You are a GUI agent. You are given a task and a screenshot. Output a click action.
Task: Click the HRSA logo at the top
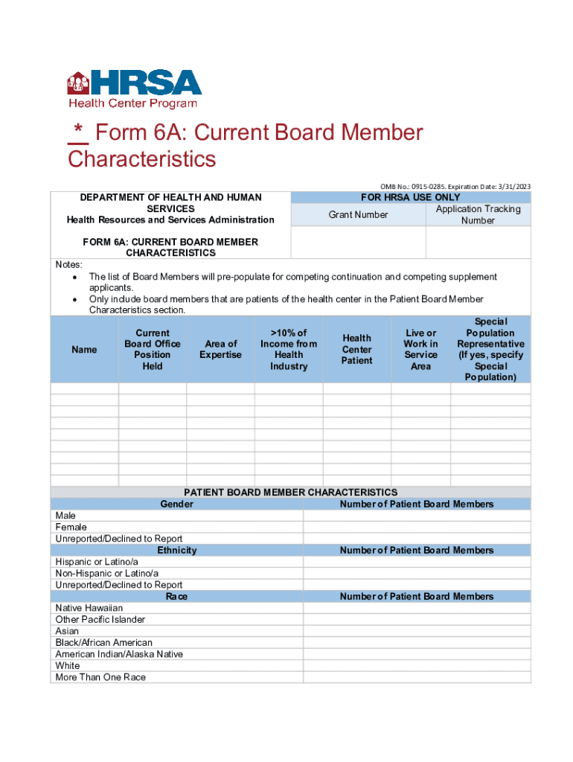tap(134, 89)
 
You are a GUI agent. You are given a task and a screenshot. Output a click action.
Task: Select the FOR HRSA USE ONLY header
tap(410, 197)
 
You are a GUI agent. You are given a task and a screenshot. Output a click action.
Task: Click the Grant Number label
tap(358, 215)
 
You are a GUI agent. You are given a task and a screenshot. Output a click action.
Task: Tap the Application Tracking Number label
tap(478, 215)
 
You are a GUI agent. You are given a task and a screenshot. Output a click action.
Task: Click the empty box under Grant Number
tap(357, 242)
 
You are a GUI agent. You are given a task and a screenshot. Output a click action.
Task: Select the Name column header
tap(84, 350)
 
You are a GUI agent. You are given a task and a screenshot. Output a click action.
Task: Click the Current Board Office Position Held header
tap(153, 350)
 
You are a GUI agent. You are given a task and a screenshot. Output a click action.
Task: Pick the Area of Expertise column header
tap(220, 350)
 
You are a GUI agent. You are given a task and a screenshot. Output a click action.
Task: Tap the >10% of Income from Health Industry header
tap(289, 350)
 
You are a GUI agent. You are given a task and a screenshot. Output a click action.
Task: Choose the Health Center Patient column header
tap(356, 350)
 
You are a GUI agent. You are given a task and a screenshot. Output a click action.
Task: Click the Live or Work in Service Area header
tap(420, 350)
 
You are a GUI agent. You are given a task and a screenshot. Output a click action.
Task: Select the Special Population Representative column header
tap(490, 350)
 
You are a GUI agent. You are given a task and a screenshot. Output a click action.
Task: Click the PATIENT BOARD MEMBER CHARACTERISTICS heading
tap(290, 493)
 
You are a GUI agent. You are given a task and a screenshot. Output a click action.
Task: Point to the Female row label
tap(71, 527)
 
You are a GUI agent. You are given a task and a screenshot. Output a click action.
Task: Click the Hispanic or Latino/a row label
tap(97, 562)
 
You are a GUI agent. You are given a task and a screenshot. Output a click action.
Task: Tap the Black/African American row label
tap(103, 642)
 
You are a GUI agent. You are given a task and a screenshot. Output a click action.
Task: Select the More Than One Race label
tap(100, 677)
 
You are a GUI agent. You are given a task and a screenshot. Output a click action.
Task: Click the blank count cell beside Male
tap(417, 516)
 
